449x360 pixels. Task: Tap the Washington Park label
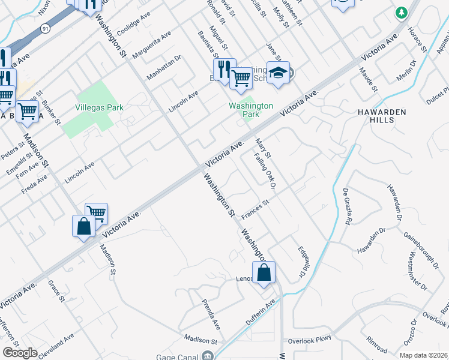(x=251, y=110)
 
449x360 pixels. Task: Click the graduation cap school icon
(x=278, y=73)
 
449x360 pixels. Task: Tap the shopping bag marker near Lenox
(x=264, y=273)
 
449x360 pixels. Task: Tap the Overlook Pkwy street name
(x=310, y=340)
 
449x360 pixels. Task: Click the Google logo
(x=20, y=353)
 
